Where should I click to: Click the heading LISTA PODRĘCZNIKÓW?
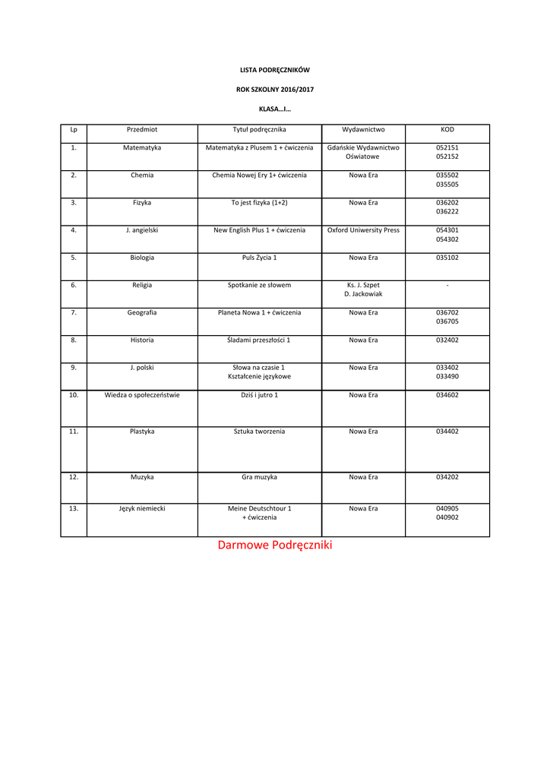[x=274, y=70]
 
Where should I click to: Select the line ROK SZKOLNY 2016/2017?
[x=274, y=90]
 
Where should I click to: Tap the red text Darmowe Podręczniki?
[x=275, y=546]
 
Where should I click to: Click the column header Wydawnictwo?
[x=363, y=129]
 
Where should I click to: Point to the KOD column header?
[x=447, y=129]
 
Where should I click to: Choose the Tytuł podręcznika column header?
[x=259, y=129]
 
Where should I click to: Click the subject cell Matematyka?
[x=142, y=147]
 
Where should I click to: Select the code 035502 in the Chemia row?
[x=447, y=175]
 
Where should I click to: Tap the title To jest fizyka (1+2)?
[x=259, y=203]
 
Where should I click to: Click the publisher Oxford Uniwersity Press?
[x=363, y=230]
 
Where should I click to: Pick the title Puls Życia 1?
[x=259, y=258]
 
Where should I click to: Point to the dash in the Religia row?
[x=447, y=285]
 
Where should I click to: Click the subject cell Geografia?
[x=142, y=312]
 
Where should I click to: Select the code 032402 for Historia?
[x=447, y=340]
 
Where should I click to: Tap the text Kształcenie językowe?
[x=259, y=377]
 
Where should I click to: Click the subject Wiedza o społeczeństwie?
[x=142, y=395]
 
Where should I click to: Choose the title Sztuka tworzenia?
[x=259, y=432]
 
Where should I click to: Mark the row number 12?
[x=74, y=477]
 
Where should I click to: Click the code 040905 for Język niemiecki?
[x=447, y=508]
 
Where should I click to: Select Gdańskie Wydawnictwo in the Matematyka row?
[x=363, y=147]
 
